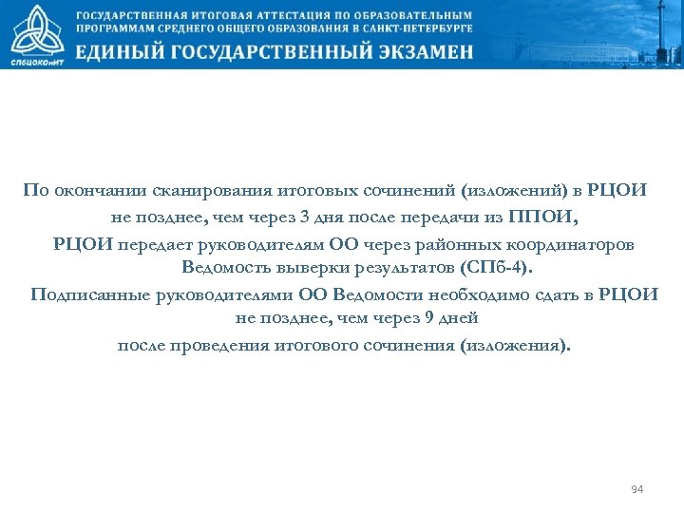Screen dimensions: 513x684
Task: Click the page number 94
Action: pyautogui.click(x=636, y=489)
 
